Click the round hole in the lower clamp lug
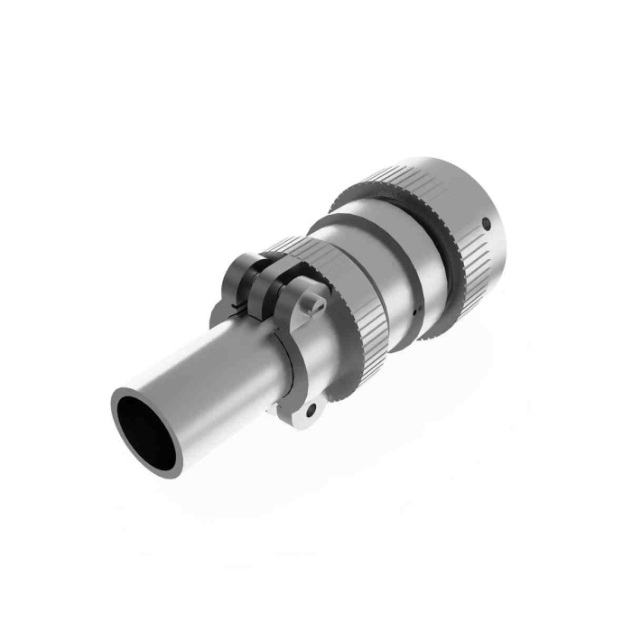click(311, 410)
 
